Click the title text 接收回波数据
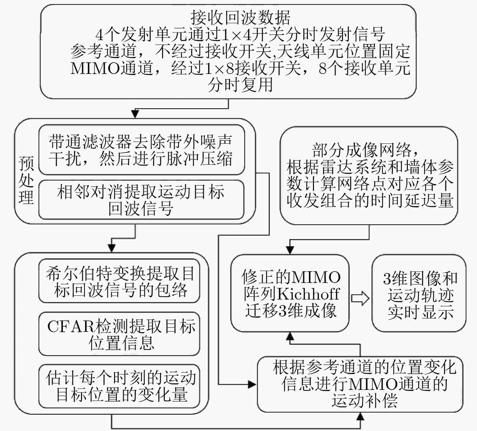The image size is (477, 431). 240,17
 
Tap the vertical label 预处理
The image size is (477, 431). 26,180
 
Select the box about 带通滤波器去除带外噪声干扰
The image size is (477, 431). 142,150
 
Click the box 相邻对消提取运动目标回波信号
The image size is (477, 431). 141,200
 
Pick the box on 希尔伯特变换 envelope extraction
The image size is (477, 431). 119,281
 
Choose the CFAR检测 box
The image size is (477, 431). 119,334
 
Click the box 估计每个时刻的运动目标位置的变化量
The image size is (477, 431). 119,386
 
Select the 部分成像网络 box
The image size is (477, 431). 369,176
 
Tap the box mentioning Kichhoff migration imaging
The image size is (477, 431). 290,293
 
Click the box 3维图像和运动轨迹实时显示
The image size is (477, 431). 419,293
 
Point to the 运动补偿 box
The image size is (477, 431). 360,384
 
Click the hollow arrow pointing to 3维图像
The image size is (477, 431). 360,299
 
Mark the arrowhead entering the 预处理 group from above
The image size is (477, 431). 135,114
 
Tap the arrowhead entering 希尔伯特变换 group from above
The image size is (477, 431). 112,248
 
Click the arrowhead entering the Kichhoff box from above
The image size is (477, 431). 290,250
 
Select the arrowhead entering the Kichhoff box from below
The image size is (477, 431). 290,336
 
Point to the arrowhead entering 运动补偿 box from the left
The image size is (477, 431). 253,384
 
